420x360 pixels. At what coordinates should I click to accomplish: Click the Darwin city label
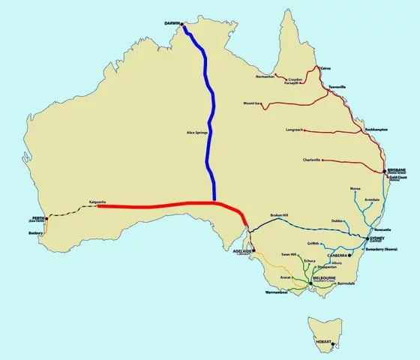(173, 24)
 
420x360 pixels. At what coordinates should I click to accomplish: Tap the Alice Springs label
(196, 133)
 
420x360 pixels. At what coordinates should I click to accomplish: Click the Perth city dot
(46, 219)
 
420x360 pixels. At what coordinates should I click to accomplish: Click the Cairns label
(325, 67)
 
